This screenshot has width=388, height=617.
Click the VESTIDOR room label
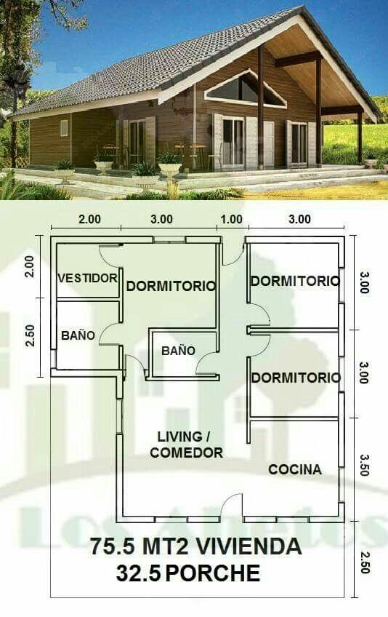(87, 278)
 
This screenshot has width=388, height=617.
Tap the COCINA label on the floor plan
(295, 469)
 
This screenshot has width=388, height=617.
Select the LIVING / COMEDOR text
(186, 445)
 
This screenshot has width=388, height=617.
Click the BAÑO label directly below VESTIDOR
(78, 335)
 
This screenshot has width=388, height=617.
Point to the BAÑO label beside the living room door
(179, 351)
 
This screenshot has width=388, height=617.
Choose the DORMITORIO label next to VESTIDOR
(171, 286)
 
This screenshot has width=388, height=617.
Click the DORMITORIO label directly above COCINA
(296, 378)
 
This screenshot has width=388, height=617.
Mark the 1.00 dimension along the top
(230, 219)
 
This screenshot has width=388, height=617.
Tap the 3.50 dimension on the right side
(364, 465)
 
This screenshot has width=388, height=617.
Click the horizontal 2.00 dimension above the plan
(89, 219)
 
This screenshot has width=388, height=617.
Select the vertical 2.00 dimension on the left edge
(30, 267)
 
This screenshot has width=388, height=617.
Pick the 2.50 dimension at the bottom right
(364, 562)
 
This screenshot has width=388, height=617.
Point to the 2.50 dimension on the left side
(30, 335)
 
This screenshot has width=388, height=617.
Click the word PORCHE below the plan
(213, 573)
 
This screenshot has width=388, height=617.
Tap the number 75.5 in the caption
(113, 546)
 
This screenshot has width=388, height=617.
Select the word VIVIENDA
(248, 546)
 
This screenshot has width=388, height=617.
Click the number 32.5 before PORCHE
(138, 573)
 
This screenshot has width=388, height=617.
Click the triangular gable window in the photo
(246, 90)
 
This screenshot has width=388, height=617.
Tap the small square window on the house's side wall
(64, 128)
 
